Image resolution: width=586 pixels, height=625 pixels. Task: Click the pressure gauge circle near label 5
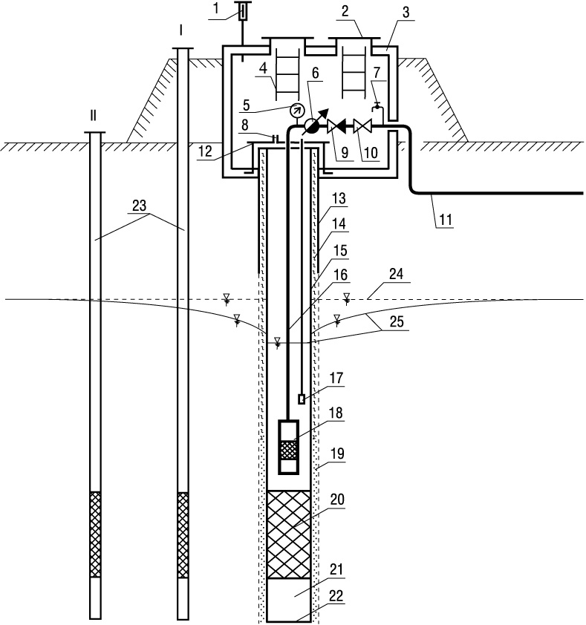[x=296, y=109]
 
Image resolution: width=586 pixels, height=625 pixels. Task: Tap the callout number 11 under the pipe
[x=445, y=220]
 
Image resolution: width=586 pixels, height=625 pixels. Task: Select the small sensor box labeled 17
[x=302, y=399]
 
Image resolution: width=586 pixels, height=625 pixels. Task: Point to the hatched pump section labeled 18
[x=289, y=450]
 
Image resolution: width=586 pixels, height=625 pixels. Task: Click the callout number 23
[x=139, y=206]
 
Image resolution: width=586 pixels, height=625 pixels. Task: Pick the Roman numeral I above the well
[x=181, y=30]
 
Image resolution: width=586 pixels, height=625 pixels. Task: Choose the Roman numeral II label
[x=93, y=116]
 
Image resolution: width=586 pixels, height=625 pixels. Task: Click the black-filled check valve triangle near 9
[x=340, y=126]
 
